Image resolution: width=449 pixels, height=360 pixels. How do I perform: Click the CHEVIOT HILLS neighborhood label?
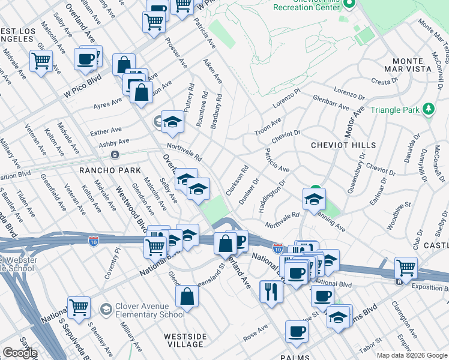click(343, 145)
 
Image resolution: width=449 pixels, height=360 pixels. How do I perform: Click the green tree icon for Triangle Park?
click(429, 109)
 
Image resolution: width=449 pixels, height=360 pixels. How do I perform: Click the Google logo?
click(19, 353)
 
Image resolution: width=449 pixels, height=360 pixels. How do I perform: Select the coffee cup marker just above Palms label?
click(297, 331)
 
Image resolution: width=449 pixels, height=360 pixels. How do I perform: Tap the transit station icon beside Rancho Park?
click(115, 154)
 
